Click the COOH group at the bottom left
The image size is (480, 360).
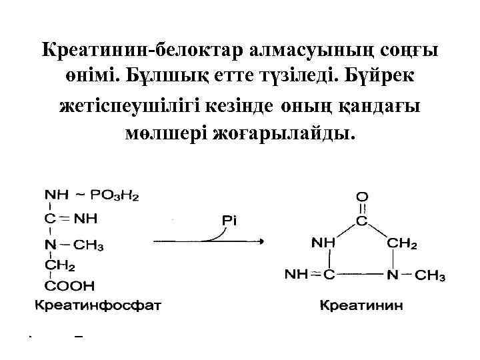coord(69,287)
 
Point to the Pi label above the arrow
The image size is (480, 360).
coord(229,218)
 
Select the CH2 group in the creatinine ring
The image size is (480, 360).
coord(402,244)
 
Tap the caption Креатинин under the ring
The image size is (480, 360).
coord(361,307)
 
